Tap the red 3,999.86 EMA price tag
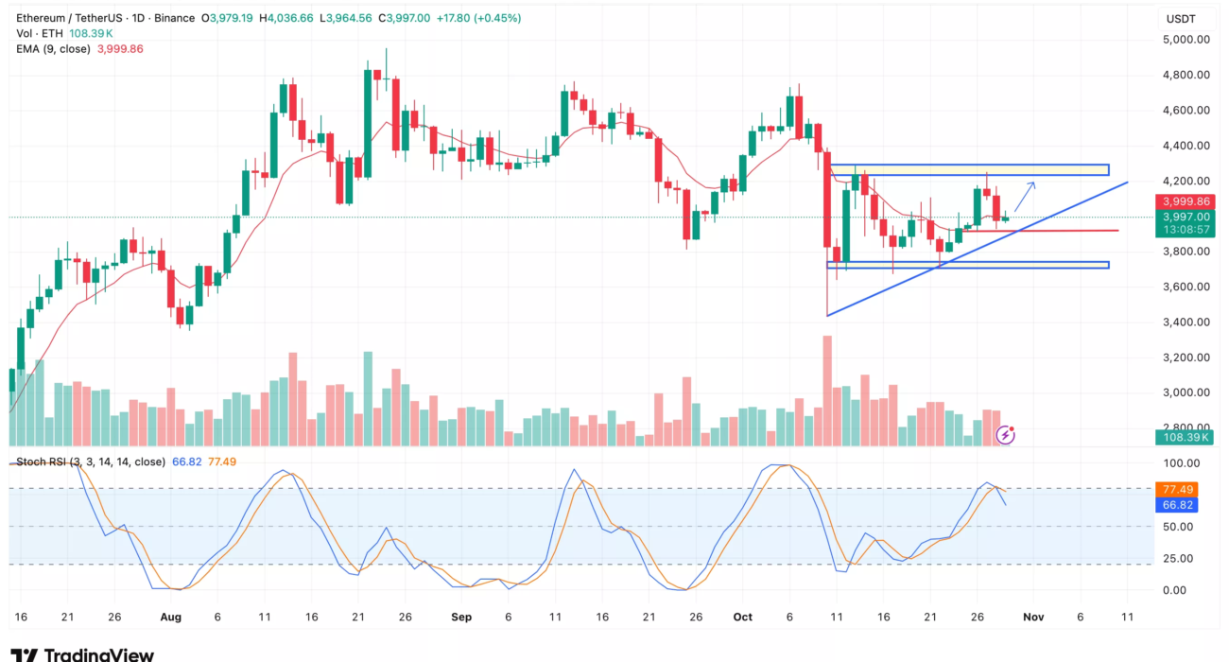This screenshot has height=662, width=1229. click(1186, 202)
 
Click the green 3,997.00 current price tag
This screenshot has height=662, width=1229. click(1186, 217)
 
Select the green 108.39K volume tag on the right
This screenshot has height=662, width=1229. click(1186, 438)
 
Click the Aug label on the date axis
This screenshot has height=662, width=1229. click(170, 617)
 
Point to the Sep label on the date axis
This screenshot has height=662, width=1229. click(460, 617)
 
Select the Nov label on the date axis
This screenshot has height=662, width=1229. click(1032, 617)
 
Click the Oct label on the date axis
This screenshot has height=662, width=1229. click(742, 617)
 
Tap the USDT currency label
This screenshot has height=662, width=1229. click(1181, 19)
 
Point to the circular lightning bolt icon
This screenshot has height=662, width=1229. click(1006, 435)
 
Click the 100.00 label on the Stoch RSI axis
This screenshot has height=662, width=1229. click(1180, 463)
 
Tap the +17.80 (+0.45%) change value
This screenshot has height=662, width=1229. click(482, 17)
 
